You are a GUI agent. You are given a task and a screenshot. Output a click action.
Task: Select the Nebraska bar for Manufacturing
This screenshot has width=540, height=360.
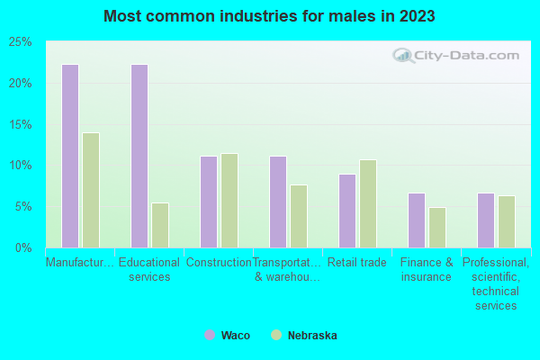(91, 190)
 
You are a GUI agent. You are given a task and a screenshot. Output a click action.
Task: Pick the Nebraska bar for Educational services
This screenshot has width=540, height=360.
(160, 225)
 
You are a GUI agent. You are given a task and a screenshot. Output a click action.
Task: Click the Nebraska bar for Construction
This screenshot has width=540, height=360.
(229, 201)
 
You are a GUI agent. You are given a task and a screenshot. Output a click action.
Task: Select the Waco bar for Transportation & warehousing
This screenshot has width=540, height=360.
(278, 202)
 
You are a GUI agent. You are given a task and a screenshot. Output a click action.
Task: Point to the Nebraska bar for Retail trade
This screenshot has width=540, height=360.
(368, 203)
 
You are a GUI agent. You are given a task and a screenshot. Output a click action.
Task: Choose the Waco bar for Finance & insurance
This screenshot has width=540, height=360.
(417, 220)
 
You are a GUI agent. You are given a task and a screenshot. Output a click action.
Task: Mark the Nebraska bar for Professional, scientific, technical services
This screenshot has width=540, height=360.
(507, 221)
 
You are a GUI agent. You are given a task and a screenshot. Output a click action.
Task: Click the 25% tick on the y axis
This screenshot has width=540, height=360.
(21, 42)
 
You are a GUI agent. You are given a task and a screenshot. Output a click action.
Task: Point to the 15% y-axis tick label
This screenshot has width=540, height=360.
(21, 124)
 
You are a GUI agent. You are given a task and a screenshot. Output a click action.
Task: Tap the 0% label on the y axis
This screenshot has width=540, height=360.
(23, 247)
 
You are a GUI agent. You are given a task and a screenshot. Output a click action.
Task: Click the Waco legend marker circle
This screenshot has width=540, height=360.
(210, 335)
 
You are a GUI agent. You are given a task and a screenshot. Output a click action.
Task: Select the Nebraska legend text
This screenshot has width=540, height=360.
(312, 336)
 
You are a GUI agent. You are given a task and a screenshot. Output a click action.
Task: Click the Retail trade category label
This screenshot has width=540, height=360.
(358, 263)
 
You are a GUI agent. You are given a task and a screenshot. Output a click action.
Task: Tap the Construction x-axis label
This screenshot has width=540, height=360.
(219, 263)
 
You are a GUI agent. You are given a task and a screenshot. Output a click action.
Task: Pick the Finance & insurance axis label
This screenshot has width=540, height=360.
(427, 270)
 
